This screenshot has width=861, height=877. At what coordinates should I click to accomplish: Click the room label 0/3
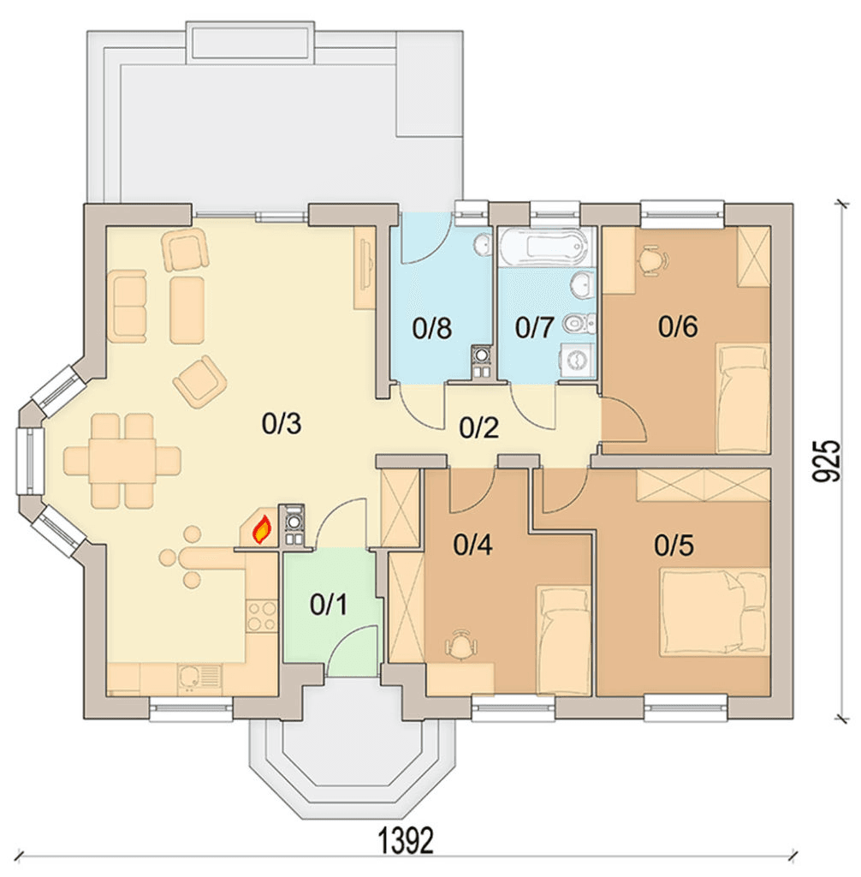(x=282, y=424)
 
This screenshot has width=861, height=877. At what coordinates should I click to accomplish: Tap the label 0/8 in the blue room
(x=431, y=328)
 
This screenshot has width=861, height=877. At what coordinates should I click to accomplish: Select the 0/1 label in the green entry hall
(x=328, y=605)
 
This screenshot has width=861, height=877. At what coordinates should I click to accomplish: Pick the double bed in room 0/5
(x=714, y=612)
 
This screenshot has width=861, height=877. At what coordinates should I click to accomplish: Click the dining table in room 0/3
(x=122, y=460)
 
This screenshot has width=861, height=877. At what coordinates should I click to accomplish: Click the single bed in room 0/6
(x=743, y=399)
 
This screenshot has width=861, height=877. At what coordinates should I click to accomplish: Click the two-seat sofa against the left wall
(x=130, y=306)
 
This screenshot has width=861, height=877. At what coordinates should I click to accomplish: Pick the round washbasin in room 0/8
(x=481, y=244)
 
